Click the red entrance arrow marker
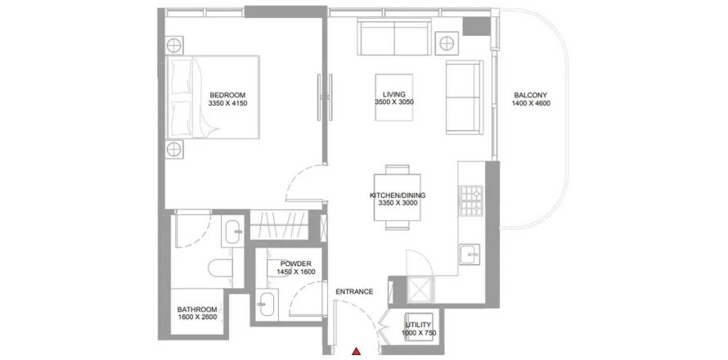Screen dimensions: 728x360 click(356, 352)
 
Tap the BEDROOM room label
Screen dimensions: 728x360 click(227, 96)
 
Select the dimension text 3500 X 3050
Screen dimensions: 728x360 click(394, 102)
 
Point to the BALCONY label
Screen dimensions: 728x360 click(531, 96)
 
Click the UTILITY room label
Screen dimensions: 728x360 click(419, 325)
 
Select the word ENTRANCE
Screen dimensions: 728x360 click(354, 292)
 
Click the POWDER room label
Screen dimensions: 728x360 click(296, 263)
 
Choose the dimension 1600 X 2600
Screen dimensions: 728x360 click(197, 317)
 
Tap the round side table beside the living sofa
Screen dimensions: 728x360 click(447, 43)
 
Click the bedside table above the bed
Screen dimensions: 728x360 click(174, 46)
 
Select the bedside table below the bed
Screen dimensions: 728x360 click(174, 149)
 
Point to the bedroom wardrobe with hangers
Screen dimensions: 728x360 click(279, 225)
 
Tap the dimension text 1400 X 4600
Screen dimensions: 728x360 click(531, 104)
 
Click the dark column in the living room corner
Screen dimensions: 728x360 click(477, 26)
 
